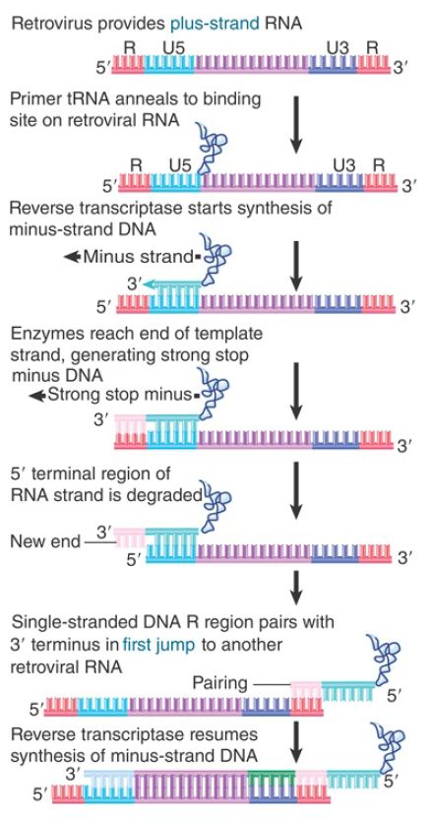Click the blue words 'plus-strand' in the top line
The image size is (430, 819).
[x=214, y=23]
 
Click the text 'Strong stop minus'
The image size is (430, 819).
[x=119, y=396]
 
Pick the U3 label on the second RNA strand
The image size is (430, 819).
[x=344, y=165]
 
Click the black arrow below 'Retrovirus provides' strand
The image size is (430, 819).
[x=296, y=123]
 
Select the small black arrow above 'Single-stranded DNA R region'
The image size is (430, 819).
[x=296, y=586]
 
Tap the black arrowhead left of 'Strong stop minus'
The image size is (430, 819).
[x=37, y=396]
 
